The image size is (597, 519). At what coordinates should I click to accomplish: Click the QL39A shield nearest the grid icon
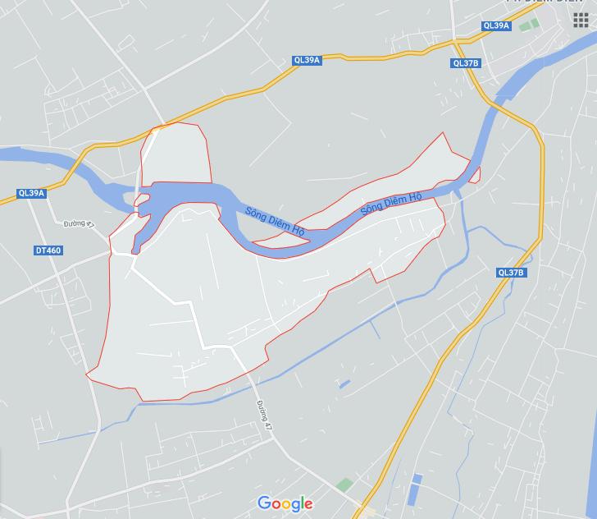(x=497, y=25)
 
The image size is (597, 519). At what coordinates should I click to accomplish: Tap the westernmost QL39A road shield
(x=31, y=194)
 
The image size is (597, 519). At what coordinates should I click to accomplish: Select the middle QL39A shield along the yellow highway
(x=307, y=60)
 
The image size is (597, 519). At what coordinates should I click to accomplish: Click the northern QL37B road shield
(x=465, y=63)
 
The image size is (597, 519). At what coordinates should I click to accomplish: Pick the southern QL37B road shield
(x=511, y=273)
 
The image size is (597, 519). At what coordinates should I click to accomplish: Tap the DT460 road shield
(x=48, y=250)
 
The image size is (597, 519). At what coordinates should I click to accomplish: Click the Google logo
(x=285, y=503)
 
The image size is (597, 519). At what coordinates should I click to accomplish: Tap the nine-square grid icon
(x=581, y=20)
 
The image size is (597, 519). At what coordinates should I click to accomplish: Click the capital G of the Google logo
(x=264, y=503)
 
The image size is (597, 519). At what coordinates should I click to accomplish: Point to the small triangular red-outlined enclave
(x=472, y=175)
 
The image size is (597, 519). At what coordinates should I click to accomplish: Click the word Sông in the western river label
(x=256, y=214)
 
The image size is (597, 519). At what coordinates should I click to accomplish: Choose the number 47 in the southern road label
(x=267, y=418)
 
